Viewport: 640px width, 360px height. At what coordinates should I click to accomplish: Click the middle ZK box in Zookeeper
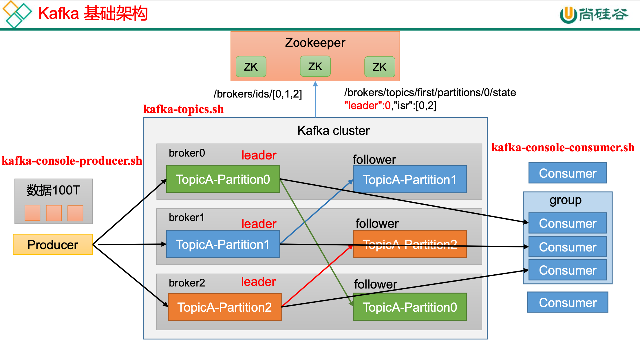[315, 67]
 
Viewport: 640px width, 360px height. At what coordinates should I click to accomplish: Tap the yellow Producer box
[53, 245]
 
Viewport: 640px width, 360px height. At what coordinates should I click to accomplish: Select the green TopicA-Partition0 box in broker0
[223, 179]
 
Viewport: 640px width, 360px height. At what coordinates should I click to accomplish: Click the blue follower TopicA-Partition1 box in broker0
[409, 179]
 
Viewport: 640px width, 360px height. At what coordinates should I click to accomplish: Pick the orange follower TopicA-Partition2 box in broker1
[409, 244]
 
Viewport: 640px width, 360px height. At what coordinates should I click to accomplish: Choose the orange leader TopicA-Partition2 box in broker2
[224, 307]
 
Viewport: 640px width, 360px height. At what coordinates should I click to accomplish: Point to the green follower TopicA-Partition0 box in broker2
[409, 307]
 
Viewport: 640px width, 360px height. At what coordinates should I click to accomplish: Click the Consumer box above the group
[567, 173]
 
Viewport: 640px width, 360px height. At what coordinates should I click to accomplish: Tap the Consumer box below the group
[567, 302]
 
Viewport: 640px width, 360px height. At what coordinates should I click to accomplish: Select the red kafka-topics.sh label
[183, 109]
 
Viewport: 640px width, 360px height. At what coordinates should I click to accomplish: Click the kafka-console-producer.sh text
[72, 161]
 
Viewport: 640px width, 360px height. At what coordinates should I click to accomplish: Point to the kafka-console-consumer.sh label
[562, 148]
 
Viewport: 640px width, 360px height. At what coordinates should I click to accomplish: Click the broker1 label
[186, 217]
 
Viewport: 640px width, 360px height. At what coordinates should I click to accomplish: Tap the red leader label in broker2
[258, 282]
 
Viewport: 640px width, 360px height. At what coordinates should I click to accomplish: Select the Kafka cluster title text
[333, 131]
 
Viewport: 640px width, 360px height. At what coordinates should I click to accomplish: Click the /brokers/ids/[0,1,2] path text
[257, 94]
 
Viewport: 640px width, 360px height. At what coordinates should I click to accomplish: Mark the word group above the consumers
[565, 200]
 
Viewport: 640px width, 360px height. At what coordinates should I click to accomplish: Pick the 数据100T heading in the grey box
[53, 190]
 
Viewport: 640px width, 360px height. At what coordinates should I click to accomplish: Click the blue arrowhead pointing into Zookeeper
[315, 84]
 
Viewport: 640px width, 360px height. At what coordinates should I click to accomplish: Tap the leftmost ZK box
[251, 67]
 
